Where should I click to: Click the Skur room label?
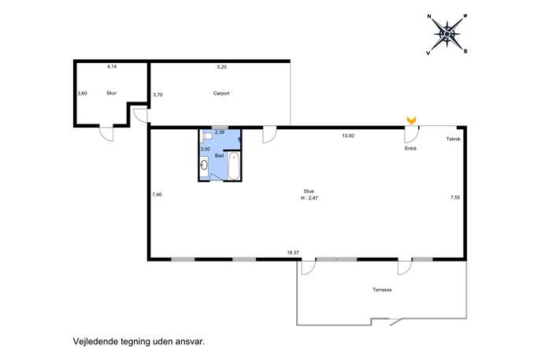click(x=112, y=93)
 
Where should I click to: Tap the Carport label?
click(x=221, y=93)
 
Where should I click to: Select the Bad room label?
click(x=219, y=156)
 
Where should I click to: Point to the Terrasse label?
click(x=382, y=290)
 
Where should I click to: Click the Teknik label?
click(x=454, y=139)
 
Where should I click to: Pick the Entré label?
click(x=410, y=148)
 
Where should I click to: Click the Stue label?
click(x=309, y=191)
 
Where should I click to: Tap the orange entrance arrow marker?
click(x=411, y=120)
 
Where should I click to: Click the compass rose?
click(x=447, y=34)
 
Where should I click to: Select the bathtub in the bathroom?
click(x=234, y=165)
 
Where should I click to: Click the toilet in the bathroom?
click(x=207, y=137)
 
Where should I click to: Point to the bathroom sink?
click(x=204, y=165)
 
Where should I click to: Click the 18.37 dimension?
click(x=293, y=253)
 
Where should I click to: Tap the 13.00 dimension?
click(x=348, y=135)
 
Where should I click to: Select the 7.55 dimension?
click(x=455, y=198)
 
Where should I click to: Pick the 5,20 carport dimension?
click(x=221, y=67)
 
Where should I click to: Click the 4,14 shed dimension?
click(x=112, y=67)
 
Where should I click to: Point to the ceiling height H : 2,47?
click(x=309, y=199)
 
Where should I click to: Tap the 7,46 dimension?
click(x=157, y=195)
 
